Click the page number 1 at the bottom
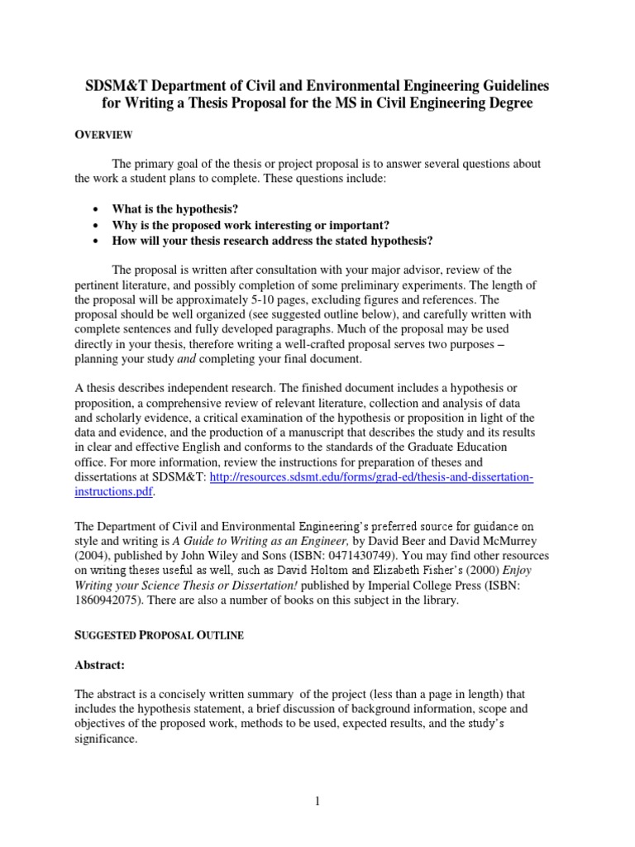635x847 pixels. click(x=317, y=801)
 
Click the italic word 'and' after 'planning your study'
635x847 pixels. click(x=195, y=360)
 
